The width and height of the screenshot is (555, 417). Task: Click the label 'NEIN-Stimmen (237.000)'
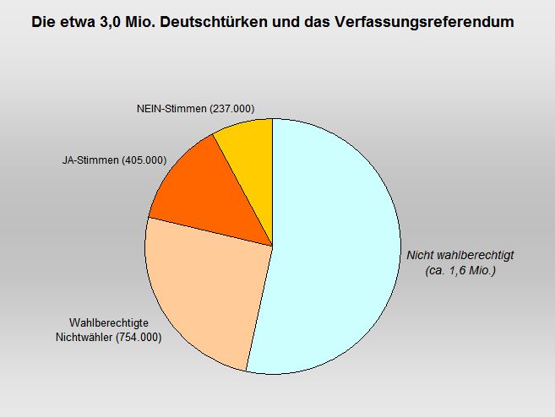click(195, 109)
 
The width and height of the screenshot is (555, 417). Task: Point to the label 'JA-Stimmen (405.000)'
click(114, 160)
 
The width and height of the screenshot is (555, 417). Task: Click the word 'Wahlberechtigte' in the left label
click(115, 323)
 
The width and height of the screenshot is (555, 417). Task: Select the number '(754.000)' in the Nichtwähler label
click(139, 338)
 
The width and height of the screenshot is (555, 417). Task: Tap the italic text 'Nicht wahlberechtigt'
click(460, 255)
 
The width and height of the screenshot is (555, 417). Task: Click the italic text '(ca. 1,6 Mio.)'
click(460, 271)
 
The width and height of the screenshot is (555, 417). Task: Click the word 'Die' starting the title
click(42, 24)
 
